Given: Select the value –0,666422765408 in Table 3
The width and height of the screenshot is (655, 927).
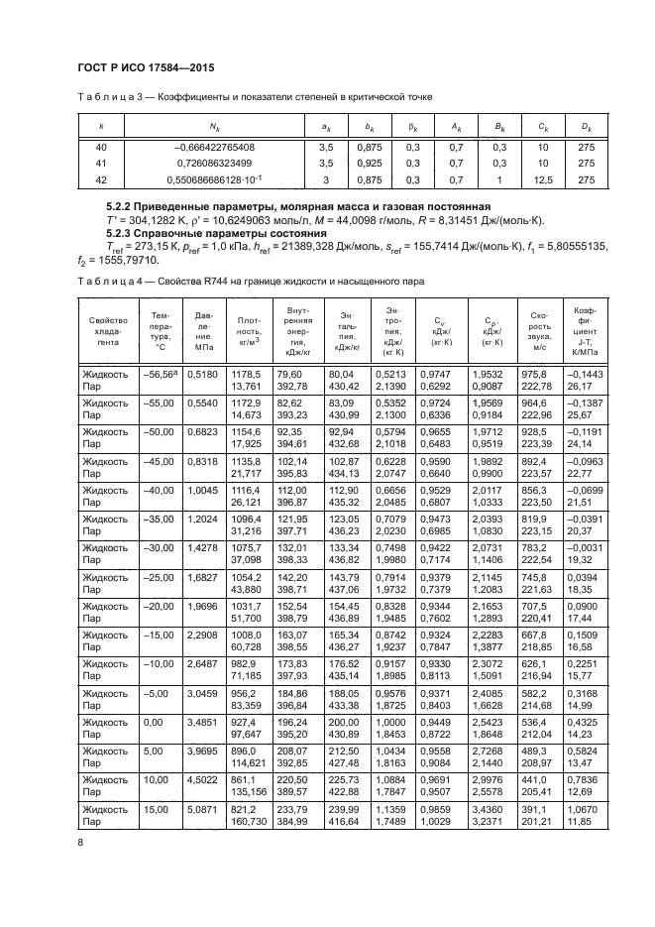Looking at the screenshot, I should point(215,148).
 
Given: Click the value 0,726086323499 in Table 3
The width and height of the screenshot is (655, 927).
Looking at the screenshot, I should point(214,164).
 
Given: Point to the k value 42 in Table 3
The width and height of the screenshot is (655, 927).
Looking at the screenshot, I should point(101,179).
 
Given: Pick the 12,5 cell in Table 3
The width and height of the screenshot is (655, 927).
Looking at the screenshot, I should point(543,179).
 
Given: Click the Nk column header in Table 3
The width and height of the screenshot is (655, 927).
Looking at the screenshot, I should point(214,127).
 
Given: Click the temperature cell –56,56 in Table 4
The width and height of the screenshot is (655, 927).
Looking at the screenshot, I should point(159,401).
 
